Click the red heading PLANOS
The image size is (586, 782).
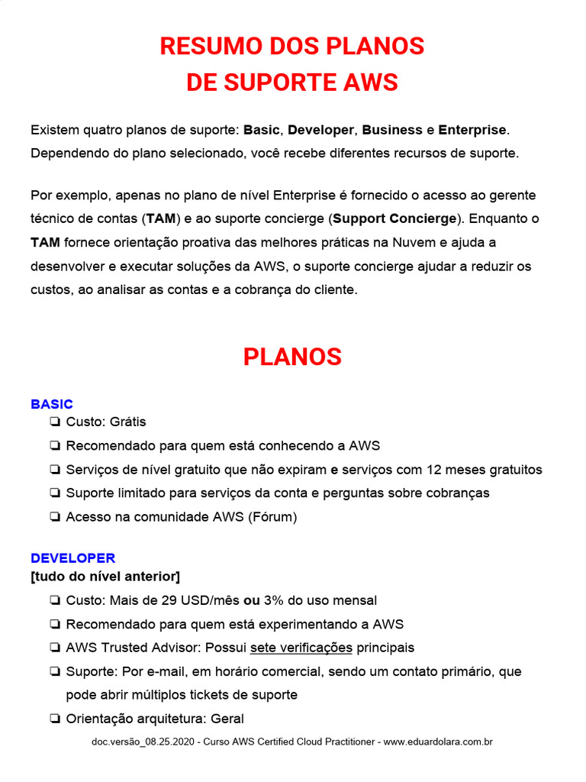point(292,357)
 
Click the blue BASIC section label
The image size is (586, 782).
point(52,404)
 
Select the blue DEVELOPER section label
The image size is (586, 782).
point(72,558)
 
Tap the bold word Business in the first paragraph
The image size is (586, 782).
point(392,130)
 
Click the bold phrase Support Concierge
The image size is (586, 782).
point(394,218)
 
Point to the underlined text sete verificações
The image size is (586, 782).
point(301,648)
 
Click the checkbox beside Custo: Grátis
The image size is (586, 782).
point(55,422)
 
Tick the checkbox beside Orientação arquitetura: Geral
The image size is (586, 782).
point(55,719)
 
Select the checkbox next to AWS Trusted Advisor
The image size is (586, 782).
point(55,648)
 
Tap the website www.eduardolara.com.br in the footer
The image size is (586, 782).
point(438,742)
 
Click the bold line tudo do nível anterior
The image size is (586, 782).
point(105,576)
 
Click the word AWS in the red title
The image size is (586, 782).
point(370,82)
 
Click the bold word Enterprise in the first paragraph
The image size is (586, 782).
point(472,130)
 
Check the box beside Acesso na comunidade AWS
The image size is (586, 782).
point(55,517)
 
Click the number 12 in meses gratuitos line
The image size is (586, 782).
point(436,470)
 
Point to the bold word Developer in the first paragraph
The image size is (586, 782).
point(320,130)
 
